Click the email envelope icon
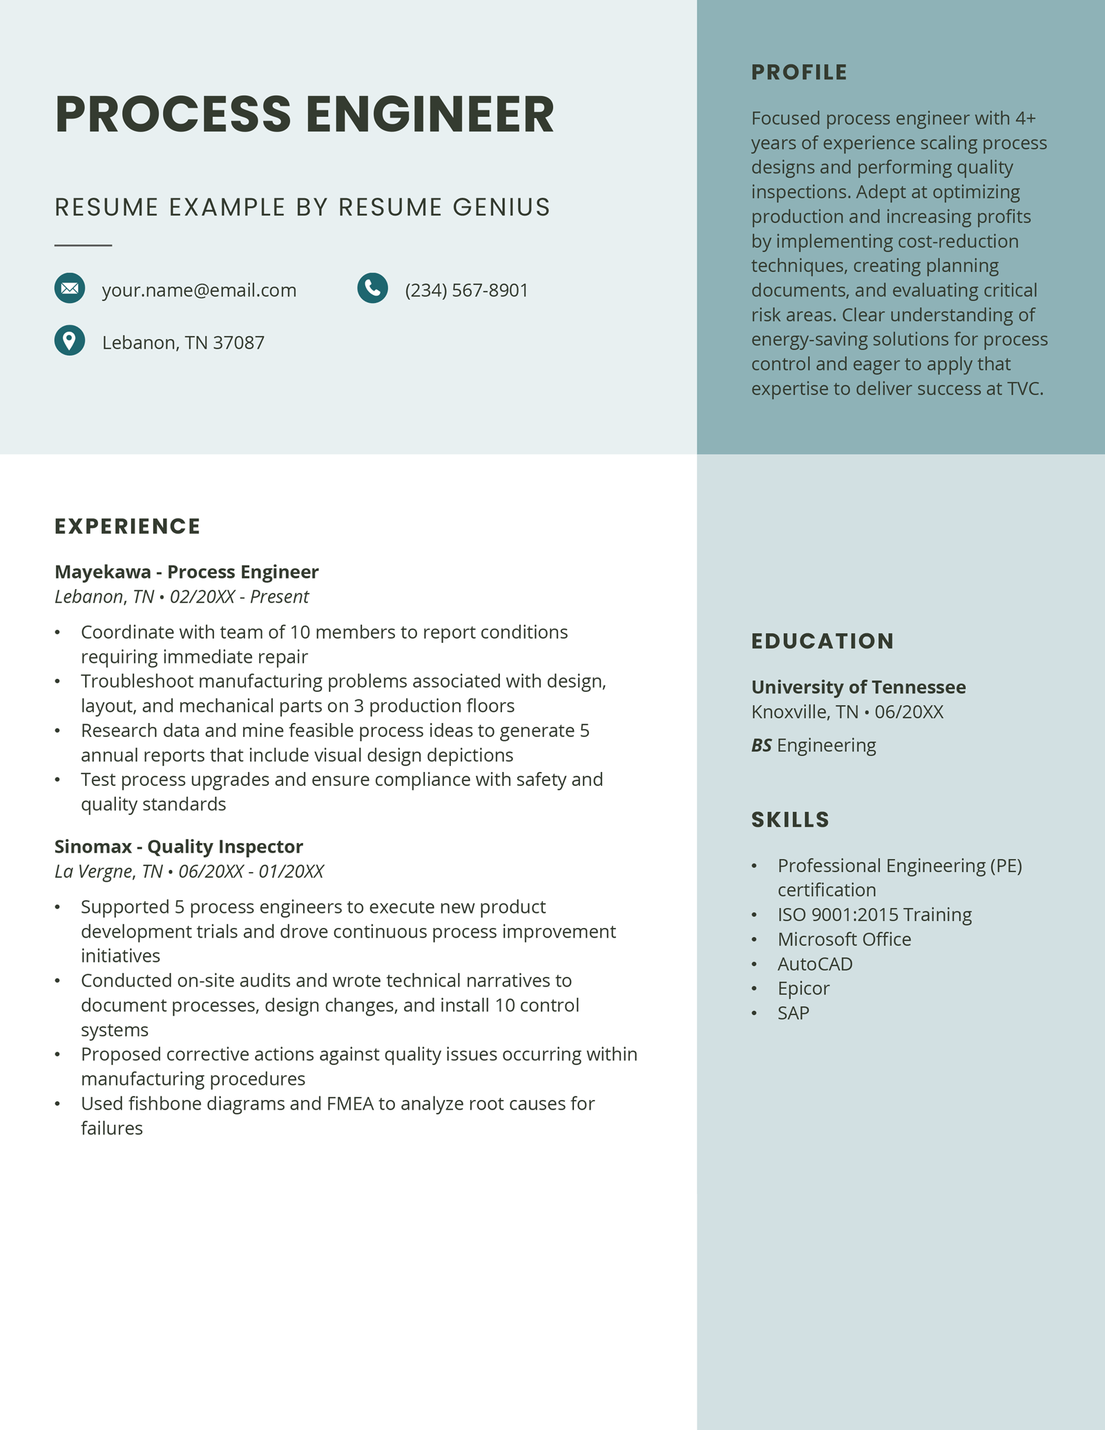(70, 289)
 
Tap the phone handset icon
(372, 289)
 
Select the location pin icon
(70, 340)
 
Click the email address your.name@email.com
(199, 291)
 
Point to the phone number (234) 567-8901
(466, 291)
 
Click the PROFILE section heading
(799, 73)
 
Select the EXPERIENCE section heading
(128, 526)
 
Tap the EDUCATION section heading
(823, 641)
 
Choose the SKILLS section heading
(790, 820)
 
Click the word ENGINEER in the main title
(430, 115)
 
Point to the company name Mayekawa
(103, 572)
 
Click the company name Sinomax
(93, 847)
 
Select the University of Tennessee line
(858, 687)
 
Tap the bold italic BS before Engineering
(761, 746)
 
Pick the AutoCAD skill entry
(815, 964)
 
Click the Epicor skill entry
(803, 989)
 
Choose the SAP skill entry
(794, 1013)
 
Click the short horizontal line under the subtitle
(83, 245)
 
